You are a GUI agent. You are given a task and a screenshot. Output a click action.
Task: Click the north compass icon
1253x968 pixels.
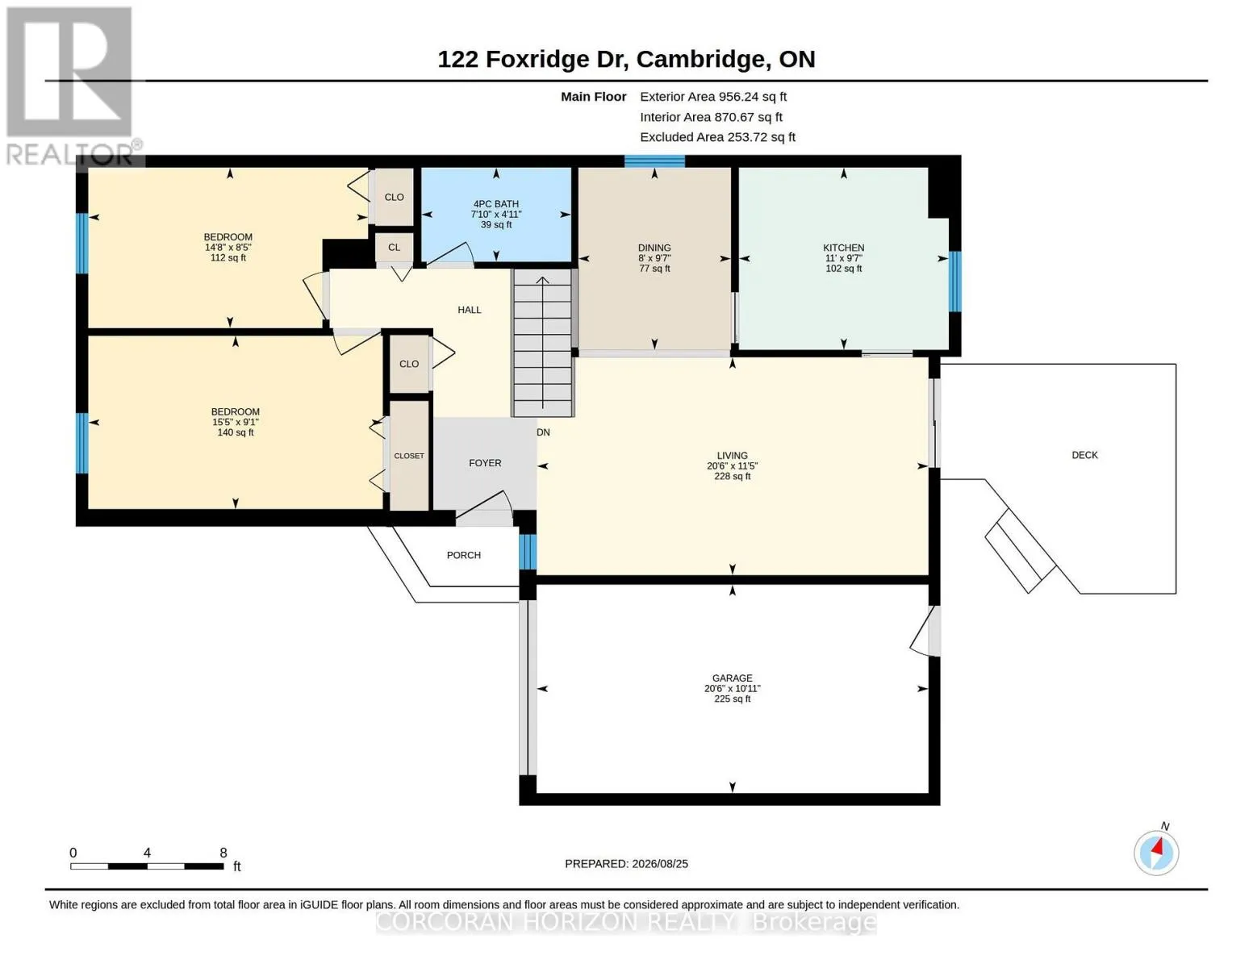click(1155, 853)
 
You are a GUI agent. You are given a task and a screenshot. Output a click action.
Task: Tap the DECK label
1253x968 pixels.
click(1084, 456)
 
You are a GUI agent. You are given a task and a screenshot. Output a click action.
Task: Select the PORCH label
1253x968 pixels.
click(464, 555)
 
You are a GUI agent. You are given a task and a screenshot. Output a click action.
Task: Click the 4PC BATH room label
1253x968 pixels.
click(496, 204)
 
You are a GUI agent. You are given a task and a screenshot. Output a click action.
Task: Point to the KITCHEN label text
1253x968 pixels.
click(843, 248)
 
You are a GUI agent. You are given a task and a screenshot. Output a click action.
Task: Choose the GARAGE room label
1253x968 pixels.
click(732, 678)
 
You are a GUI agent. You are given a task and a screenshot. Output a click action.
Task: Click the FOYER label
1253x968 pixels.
click(485, 463)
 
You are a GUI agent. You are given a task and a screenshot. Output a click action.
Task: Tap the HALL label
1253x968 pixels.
click(470, 311)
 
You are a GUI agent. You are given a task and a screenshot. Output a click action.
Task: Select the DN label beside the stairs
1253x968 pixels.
click(543, 432)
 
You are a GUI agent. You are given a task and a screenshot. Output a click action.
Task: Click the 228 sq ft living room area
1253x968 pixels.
click(733, 476)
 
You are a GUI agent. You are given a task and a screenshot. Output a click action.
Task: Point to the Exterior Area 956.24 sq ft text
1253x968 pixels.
click(713, 97)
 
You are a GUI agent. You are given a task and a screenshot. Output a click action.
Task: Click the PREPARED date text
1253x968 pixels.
click(626, 864)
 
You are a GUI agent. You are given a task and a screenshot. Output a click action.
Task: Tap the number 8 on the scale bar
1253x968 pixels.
click(223, 853)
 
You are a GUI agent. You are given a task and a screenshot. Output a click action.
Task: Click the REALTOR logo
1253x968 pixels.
click(72, 86)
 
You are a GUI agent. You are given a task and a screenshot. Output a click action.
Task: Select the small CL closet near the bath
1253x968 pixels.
click(394, 248)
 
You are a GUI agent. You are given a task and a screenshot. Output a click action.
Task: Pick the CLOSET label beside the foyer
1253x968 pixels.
click(409, 456)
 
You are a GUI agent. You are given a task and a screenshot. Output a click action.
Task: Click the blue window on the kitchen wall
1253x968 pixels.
click(955, 282)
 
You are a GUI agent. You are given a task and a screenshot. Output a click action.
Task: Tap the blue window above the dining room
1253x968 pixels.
click(654, 161)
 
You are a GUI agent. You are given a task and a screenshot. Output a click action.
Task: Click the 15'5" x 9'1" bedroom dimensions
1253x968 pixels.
click(236, 422)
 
